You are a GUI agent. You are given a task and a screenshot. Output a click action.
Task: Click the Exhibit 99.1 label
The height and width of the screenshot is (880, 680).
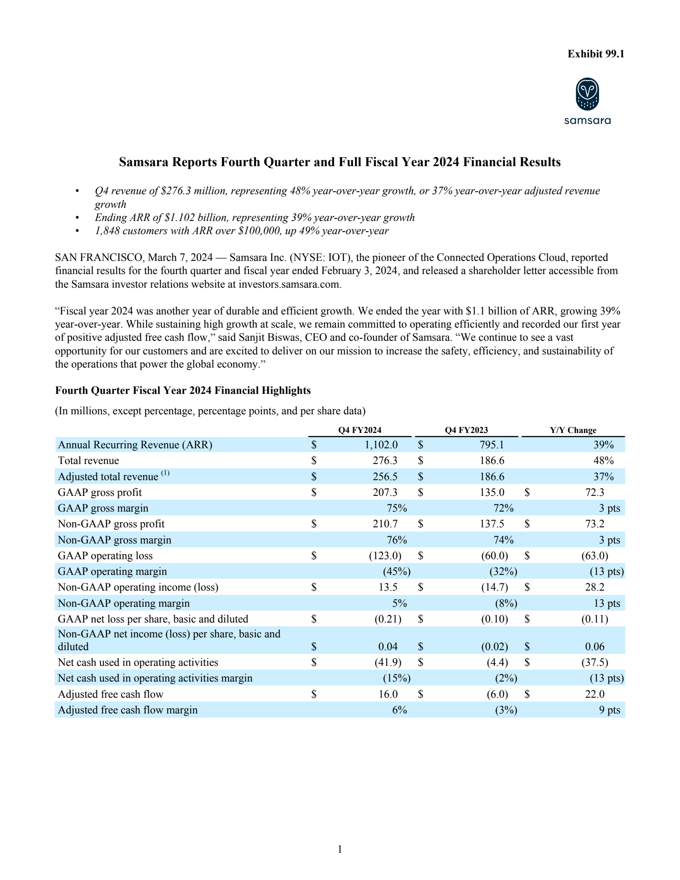point(595,54)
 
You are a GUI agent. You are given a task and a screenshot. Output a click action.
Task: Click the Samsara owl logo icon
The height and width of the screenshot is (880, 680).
point(587,94)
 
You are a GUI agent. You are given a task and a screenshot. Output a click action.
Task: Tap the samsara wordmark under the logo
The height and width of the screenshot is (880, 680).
point(587,121)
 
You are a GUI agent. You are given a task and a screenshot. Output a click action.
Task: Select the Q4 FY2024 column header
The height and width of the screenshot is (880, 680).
point(360,430)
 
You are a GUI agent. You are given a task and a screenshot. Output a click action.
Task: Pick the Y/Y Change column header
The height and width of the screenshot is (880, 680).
point(573,430)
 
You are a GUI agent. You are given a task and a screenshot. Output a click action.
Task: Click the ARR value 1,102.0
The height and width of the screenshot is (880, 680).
point(381,445)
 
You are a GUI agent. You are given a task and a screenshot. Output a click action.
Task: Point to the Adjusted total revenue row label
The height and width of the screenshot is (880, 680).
point(108,477)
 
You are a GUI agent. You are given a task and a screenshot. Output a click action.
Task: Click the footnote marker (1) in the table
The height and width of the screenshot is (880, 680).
point(165,473)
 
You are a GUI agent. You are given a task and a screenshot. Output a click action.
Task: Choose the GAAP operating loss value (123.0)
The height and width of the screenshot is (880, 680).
point(385,556)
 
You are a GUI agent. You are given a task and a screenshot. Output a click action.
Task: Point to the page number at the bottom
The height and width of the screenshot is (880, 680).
point(340,849)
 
